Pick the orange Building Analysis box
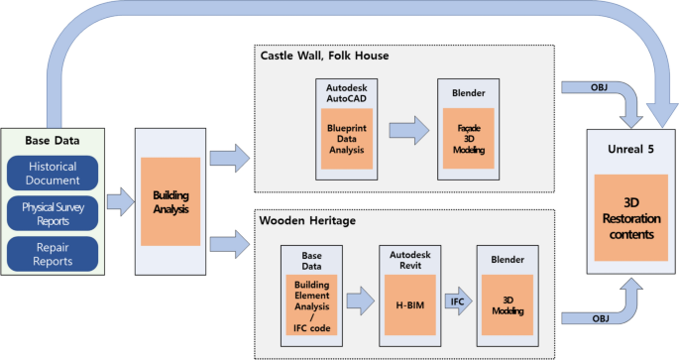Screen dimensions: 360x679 [x=170, y=201]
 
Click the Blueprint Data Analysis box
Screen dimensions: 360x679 [x=346, y=145]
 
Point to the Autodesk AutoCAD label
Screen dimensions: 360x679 [x=346, y=94]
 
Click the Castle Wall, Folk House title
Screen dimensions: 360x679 [x=324, y=56]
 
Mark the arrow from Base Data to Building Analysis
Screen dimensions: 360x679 [x=118, y=203]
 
